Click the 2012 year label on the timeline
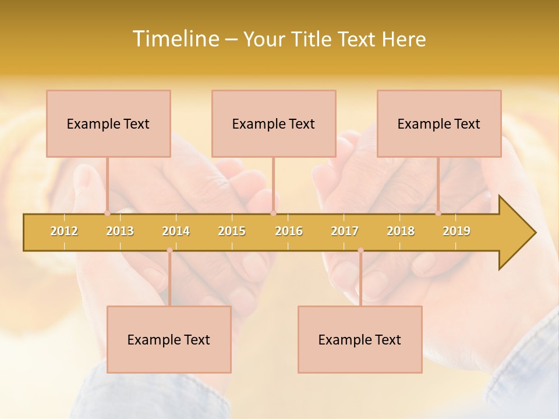(x=64, y=231)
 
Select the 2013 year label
(x=120, y=231)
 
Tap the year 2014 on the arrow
(x=176, y=231)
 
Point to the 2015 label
(x=232, y=231)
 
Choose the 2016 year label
(x=289, y=231)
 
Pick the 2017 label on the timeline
(x=345, y=231)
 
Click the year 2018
(x=401, y=231)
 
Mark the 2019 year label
(x=457, y=231)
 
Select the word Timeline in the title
(x=175, y=39)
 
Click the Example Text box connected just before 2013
(x=108, y=123)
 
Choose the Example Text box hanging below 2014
(x=169, y=339)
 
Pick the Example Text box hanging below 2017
(x=360, y=339)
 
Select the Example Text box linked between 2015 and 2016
(x=274, y=123)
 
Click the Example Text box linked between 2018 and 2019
(x=439, y=123)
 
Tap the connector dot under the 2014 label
(x=169, y=250)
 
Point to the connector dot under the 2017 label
(x=360, y=250)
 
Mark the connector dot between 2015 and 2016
(x=273, y=213)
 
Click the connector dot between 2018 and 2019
(x=438, y=213)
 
